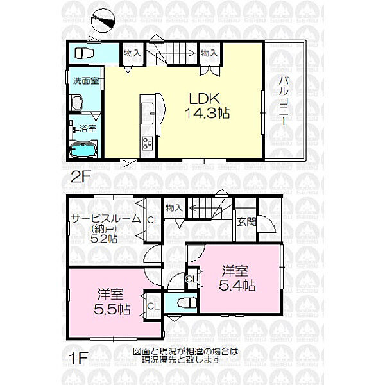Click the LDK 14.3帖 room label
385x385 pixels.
204,105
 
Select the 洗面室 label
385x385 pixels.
85,81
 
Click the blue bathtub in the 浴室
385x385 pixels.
82,151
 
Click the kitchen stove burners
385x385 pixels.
146,143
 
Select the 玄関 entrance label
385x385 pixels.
246,222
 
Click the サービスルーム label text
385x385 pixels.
106,218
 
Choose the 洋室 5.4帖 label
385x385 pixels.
240,277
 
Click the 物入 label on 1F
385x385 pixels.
173,207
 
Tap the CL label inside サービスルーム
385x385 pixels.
153,220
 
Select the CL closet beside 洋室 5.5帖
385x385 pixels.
153,307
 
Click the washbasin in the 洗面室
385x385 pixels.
78,101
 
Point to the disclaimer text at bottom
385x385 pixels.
186,355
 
